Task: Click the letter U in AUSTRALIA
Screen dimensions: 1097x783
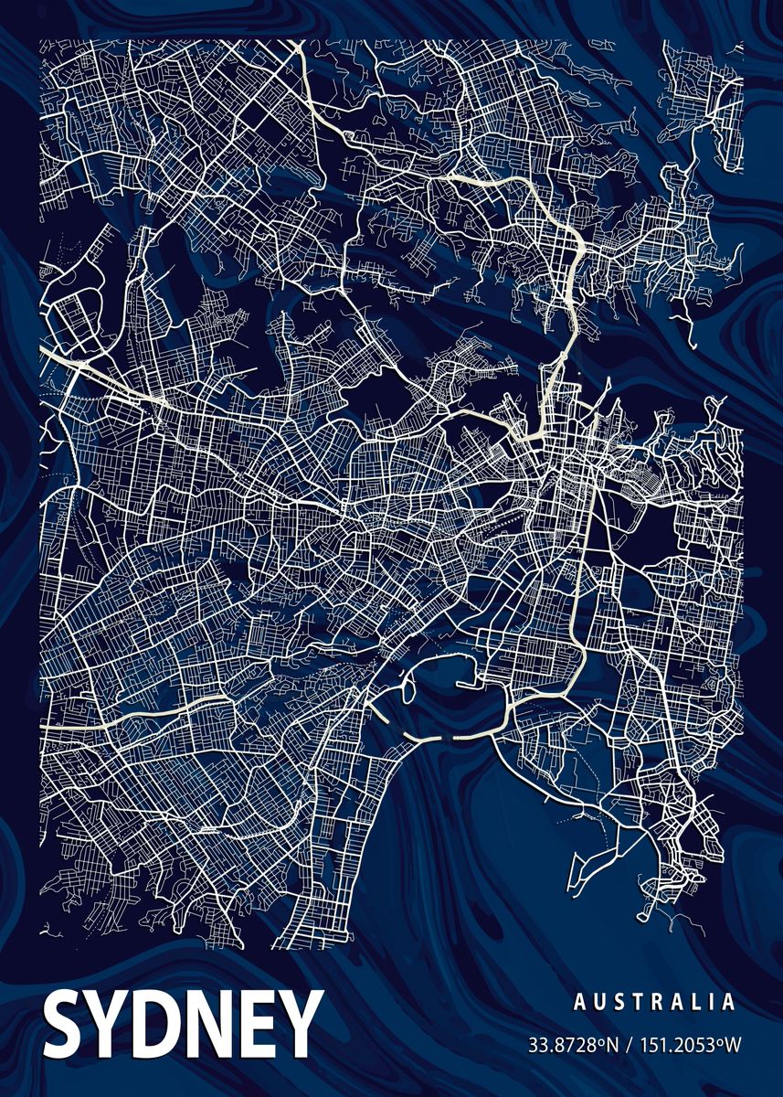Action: [598, 1003]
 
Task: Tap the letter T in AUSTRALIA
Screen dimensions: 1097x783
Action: [639, 1003]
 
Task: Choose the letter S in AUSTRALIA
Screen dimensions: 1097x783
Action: [619, 1003]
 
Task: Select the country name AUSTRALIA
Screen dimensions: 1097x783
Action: [654, 1003]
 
